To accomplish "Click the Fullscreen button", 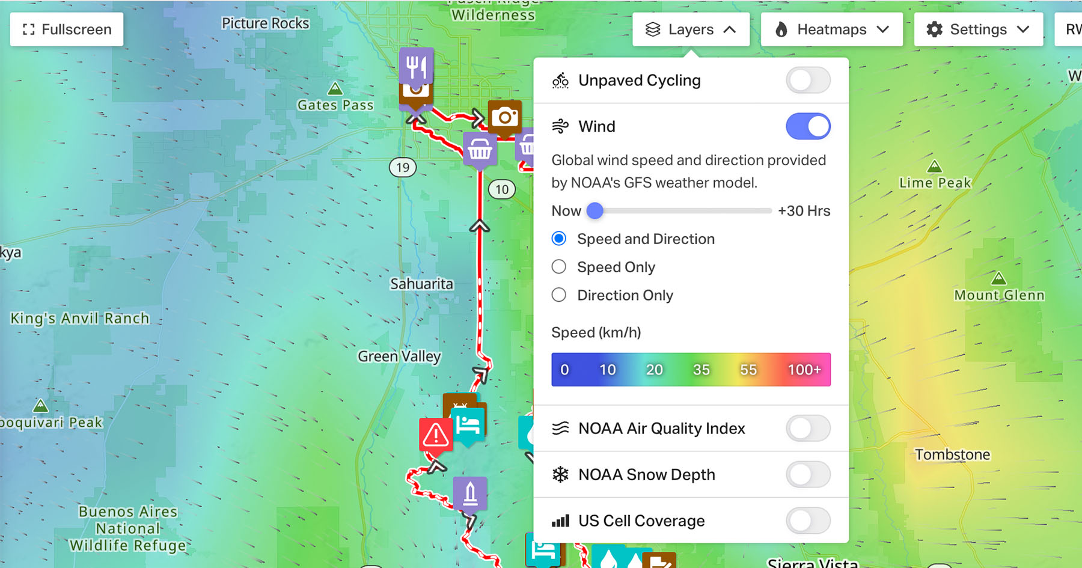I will (67, 29).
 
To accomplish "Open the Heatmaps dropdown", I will (831, 29).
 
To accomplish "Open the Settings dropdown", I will (978, 29).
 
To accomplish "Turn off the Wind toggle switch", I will (808, 127).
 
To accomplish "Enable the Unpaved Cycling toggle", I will (808, 81).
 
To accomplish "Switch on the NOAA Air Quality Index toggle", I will (808, 429).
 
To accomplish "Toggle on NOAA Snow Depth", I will (808, 475).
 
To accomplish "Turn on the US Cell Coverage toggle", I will (808, 521).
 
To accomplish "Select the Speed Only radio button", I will (559, 267).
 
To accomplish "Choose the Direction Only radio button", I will (559, 295).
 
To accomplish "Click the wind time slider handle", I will (594, 211).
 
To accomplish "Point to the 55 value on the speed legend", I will (748, 370).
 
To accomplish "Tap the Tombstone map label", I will (952, 454).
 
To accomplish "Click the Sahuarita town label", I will (421, 284).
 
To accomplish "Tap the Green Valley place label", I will (399, 356).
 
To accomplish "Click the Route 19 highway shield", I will (403, 168).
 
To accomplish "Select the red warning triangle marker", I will (435, 435).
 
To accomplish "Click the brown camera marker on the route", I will (504, 117).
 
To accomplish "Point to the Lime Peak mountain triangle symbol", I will (935, 166).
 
